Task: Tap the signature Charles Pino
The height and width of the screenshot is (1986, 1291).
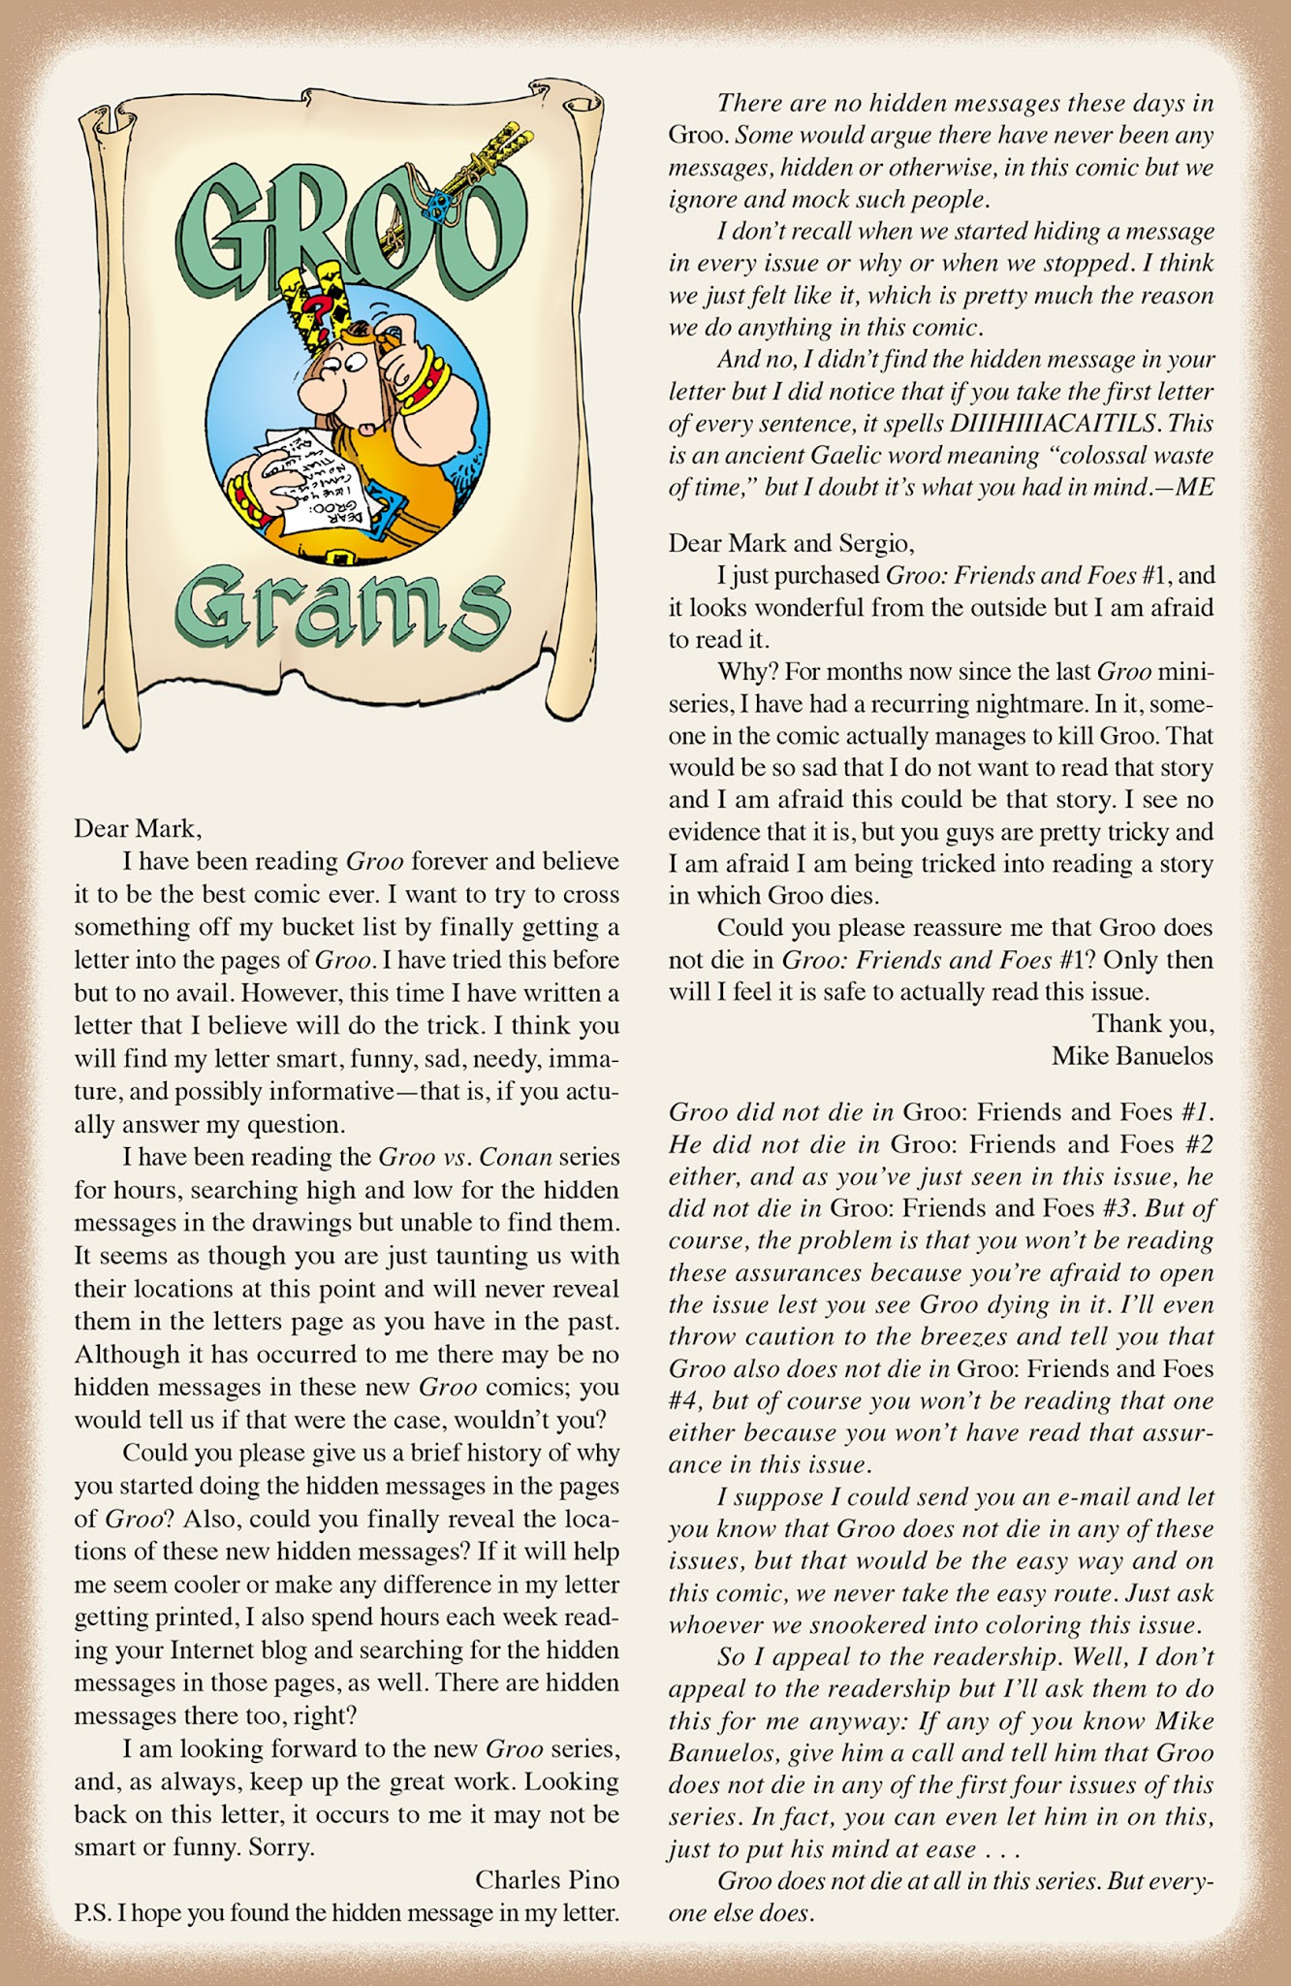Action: [x=547, y=1879]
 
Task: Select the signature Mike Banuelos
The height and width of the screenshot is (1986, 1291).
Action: [x=1132, y=1056]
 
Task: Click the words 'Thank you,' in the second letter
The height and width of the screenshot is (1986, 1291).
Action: [x=1152, y=1023]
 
